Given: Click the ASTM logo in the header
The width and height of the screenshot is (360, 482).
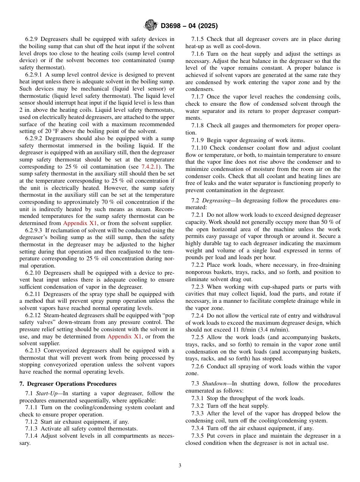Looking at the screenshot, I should pos(150,25).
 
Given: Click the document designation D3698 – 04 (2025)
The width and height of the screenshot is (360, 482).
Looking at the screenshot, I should pos(189,26).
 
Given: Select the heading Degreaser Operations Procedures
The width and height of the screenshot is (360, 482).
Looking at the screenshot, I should pos(72,384).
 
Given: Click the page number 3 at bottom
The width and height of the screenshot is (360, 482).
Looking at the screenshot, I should pos(180,466).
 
